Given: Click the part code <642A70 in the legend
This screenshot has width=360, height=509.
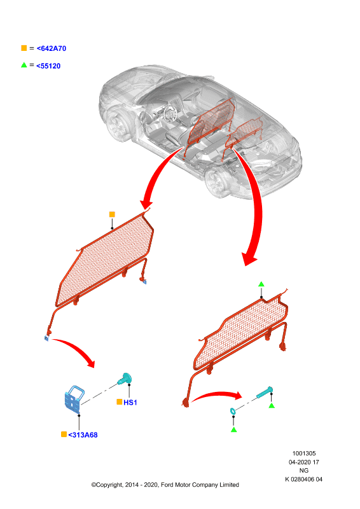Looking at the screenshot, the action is (x=52, y=48).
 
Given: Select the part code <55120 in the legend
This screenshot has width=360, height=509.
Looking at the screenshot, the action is (x=48, y=66).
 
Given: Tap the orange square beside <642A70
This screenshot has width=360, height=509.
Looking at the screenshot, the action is (x=24, y=48).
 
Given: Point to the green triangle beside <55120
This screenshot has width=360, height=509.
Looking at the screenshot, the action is (x=24, y=65).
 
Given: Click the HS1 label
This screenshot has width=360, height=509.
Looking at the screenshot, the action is (x=130, y=403).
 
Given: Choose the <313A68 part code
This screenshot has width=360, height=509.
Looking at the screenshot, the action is (x=83, y=435).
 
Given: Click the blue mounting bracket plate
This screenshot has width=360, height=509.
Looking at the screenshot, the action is (x=74, y=399).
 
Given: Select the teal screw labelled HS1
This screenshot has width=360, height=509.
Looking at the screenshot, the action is (x=125, y=379).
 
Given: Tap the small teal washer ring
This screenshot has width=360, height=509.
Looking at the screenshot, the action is (x=233, y=411).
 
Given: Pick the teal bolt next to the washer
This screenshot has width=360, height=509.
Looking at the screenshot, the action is (x=265, y=393).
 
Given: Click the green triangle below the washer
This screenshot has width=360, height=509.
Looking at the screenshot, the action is (x=233, y=430).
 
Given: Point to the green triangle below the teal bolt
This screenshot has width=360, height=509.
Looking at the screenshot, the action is (x=272, y=405).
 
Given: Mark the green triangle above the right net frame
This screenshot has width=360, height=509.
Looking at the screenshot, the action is (x=261, y=284).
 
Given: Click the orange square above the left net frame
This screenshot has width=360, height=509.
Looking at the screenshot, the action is (x=112, y=214).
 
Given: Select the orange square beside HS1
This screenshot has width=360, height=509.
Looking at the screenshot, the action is (x=119, y=402).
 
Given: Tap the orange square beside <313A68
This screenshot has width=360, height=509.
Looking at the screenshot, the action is (x=64, y=435).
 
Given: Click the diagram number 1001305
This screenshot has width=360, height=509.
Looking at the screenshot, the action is (x=304, y=454).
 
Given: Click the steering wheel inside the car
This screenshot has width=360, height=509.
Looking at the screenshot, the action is (x=169, y=114).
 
